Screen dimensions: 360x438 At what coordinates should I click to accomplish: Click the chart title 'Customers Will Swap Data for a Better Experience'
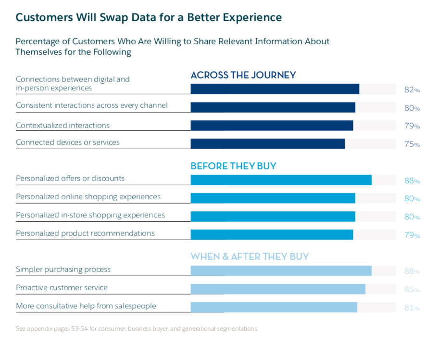[149, 18]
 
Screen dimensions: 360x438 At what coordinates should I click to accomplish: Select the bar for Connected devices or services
[267, 144]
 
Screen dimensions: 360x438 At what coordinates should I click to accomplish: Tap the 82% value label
[412, 90]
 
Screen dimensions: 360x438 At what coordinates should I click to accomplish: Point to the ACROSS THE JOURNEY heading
[243, 75]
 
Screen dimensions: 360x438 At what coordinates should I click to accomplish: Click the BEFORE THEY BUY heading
[233, 166]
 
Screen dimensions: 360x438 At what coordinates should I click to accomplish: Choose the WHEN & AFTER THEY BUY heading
[250, 257]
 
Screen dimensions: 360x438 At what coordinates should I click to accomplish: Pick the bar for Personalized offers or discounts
[281, 180]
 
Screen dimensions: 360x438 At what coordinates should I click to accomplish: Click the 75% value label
[412, 144]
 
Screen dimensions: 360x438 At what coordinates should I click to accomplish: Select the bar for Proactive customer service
[278, 289]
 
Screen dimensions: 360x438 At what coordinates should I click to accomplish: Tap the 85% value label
[412, 290]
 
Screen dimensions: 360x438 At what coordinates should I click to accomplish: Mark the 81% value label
[412, 308]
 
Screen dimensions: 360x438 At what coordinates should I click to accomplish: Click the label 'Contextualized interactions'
[63, 126]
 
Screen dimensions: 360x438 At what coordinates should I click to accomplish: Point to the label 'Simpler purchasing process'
[63, 270]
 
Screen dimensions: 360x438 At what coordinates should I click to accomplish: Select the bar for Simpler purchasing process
[281, 270]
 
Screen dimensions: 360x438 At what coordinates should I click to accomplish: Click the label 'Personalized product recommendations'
[85, 233]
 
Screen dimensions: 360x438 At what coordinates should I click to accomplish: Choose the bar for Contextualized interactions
[272, 126]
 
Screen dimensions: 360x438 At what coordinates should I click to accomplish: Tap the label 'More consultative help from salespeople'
[86, 306]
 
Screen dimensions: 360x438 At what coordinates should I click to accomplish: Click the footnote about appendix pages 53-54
[137, 329]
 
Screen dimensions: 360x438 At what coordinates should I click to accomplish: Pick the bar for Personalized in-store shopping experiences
[273, 217]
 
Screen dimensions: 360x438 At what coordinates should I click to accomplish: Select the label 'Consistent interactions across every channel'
[92, 105]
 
